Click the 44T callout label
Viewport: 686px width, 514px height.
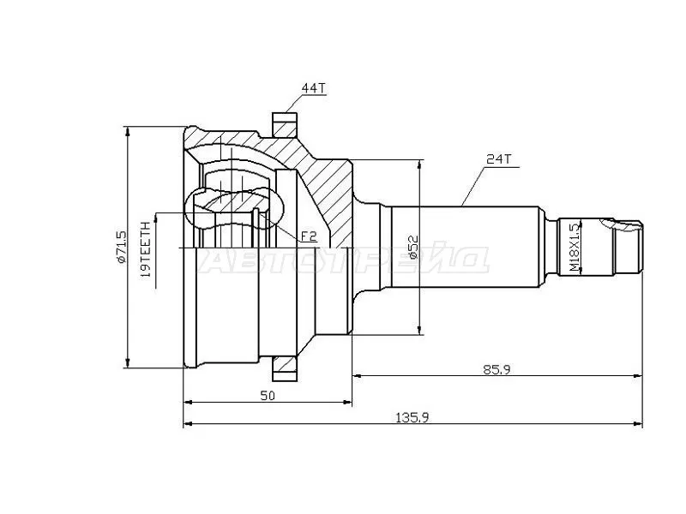312,89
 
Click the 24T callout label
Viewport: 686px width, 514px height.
498,159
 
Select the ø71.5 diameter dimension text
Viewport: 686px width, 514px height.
121,246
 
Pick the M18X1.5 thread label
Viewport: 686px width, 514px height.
574,248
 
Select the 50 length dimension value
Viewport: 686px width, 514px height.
267,395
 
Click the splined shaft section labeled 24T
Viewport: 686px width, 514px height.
463,248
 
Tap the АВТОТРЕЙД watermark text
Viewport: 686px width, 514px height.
343,260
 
